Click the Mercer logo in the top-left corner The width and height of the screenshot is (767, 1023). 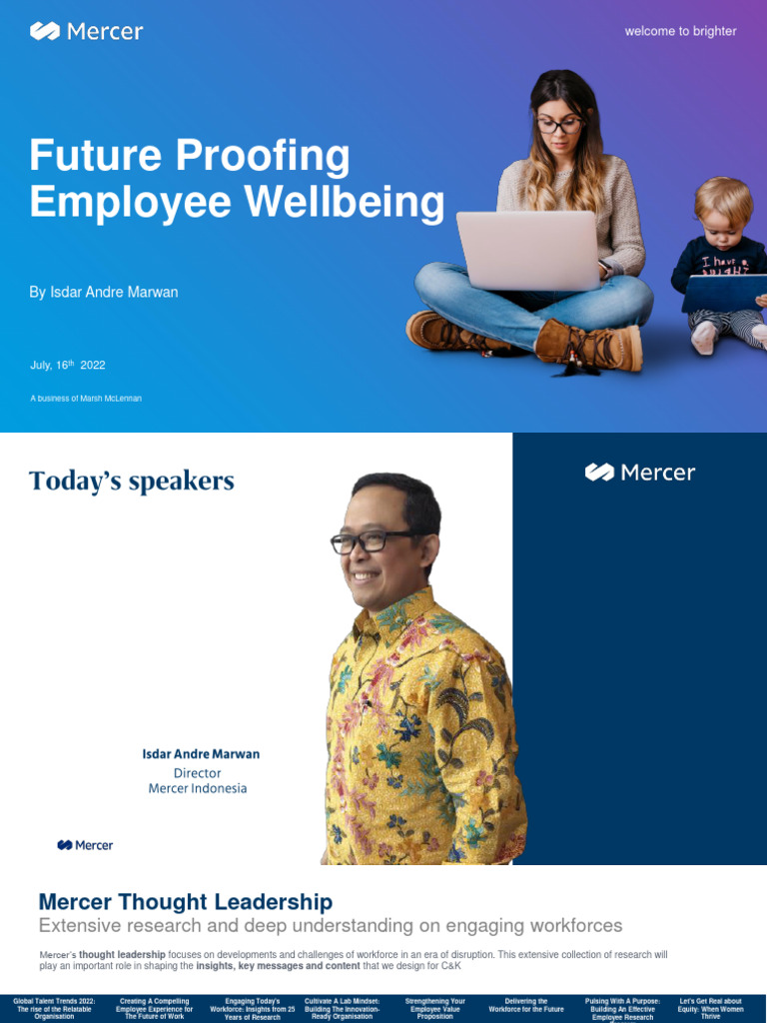coord(87,32)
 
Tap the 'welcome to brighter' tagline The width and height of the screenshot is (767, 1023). coord(680,31)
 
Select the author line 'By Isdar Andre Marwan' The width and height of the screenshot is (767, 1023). coord(104,293)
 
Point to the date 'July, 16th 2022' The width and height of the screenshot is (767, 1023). coord(68,366)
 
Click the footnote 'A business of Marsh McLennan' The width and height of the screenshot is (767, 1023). coord(86,399)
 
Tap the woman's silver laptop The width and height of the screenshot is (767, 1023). coord(527,250)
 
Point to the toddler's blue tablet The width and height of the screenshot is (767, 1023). coord(724,293)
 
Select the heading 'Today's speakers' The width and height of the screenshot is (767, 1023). coord(132,482)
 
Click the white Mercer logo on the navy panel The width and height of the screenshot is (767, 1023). coord(640,473)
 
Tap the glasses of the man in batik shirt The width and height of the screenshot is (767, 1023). coord(372,541)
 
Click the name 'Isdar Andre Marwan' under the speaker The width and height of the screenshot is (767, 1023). coord(201,754)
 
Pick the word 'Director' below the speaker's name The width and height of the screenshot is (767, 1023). coord(198,773)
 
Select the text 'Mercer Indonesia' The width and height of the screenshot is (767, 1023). coord(198,789)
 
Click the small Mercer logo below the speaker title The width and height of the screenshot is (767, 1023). coord(85,845)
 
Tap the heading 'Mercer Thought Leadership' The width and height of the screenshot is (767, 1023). coord(186,903)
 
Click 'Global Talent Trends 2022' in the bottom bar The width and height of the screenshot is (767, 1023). coord(54,1001)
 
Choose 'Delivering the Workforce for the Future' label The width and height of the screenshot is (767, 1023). coord(526,1005)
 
